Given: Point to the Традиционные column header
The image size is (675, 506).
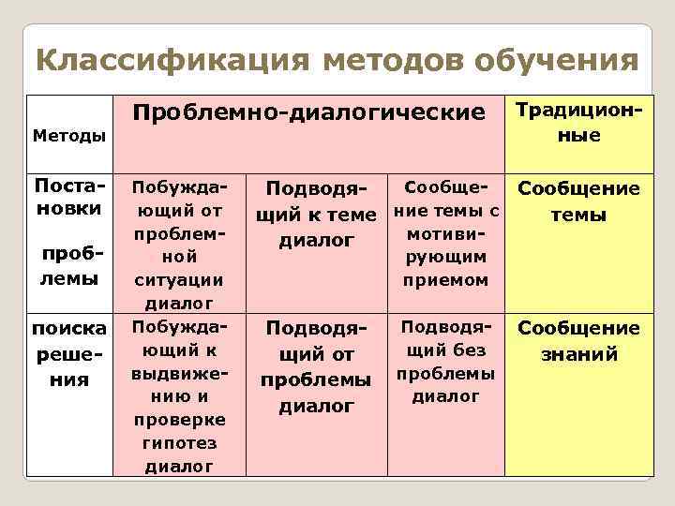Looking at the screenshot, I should (x=579, y=122).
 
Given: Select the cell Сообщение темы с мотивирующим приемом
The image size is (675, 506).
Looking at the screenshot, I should (x=443, y=230).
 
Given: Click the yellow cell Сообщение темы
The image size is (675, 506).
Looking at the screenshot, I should (x=579, y=201).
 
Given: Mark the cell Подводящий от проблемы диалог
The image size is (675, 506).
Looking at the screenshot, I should (x=315, y=367).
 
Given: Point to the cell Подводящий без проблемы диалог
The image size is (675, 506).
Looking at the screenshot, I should (x=443, y=361).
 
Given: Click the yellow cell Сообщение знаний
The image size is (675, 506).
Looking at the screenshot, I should (x=579, y=341).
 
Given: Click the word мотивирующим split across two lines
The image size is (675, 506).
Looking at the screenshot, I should (x=443, y=243).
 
